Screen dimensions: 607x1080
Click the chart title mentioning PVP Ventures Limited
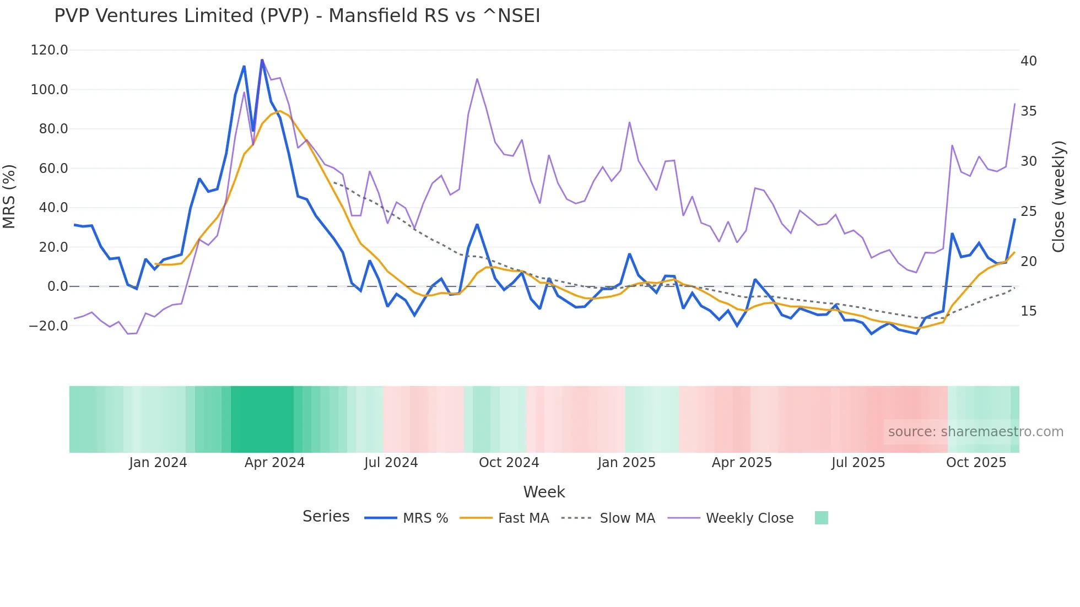(x=297, y=16)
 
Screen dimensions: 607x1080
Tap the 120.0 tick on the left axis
(x=49, y=50)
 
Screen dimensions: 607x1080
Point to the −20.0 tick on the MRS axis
(x=48, y=326)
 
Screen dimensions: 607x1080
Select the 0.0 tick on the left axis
(x=57, y=286)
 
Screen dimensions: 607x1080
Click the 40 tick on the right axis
(x=1028, y=61)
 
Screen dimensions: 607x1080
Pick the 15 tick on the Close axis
(x=1028, y=311)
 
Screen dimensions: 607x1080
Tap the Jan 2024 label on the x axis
(x=158, y=463)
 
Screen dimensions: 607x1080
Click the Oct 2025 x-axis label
(x=976, y=463)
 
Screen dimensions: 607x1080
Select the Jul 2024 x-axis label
(x=391, y=463)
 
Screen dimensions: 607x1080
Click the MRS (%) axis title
(x=9, y=196)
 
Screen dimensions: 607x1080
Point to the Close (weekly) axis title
(x=1059, y=196)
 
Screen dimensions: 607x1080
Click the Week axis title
(x=544, y=492)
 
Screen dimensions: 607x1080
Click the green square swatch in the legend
(x=821, y=518)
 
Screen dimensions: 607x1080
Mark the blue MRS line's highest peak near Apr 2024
(x=262, y=60)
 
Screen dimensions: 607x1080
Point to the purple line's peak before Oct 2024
(x=477, y=79)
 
